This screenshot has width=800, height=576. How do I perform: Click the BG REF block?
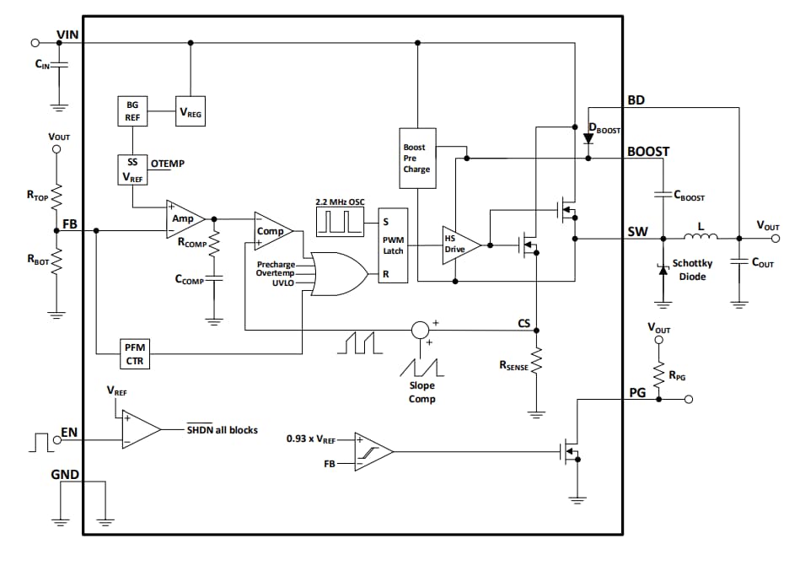pyautogui.click(x=132, y=111)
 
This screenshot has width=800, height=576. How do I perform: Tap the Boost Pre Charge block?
pyautogui.click(x=416, y=158)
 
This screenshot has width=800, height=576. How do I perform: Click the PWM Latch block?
pyautogui.click(x=393, y=245)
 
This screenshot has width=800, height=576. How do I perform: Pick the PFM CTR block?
pyautogui.click(x=134, y=355)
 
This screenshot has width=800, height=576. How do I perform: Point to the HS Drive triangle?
pyautogui.click(x=460, y=245)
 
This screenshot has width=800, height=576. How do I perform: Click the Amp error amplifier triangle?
pyautogui.click(x=185, y=218)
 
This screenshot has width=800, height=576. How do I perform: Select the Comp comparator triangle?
pyautogui.click(x=273, y=231)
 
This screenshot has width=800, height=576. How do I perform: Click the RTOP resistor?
pyautogui.click(x=56, y=196)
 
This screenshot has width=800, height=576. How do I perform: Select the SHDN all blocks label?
pyautogui.click(x=222, y=429)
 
